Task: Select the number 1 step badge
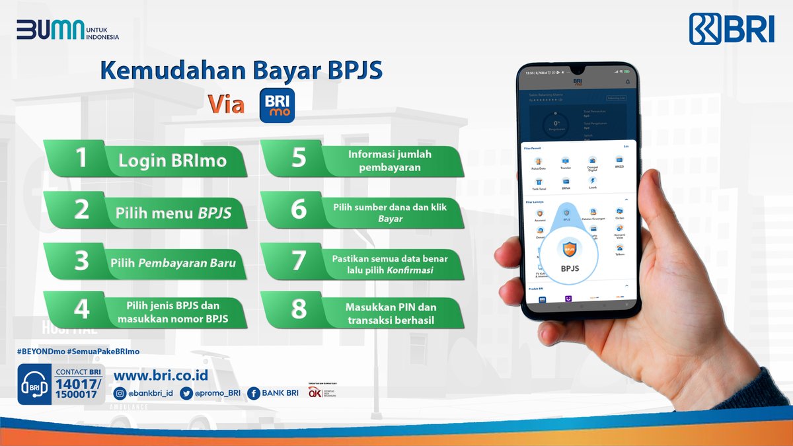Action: pyautogui.click(x=81, y=159)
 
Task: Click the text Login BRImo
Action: pyautogui.click(x=172, y=161)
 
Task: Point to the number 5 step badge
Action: pyautogui.click(x=299, y=159)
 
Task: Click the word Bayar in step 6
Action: pyautogui.click(x=390, y=217)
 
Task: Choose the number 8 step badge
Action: pyautogui.click(x=299, y=309)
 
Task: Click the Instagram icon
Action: pyautogui.click(x=120, y=393)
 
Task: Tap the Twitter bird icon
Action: pyautogui.click(x=186, y=393)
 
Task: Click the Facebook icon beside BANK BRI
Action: pyautogui.click(x=253, y=393)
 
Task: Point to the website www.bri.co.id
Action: pyautogui.click(x=161, y=375)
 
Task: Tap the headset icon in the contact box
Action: pyautogui.click(x=34, y=385)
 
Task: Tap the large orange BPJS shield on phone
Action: pyautogui.click(x=569, y=250)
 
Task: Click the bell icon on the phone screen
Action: pyautogui.click(x=627, y=82)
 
